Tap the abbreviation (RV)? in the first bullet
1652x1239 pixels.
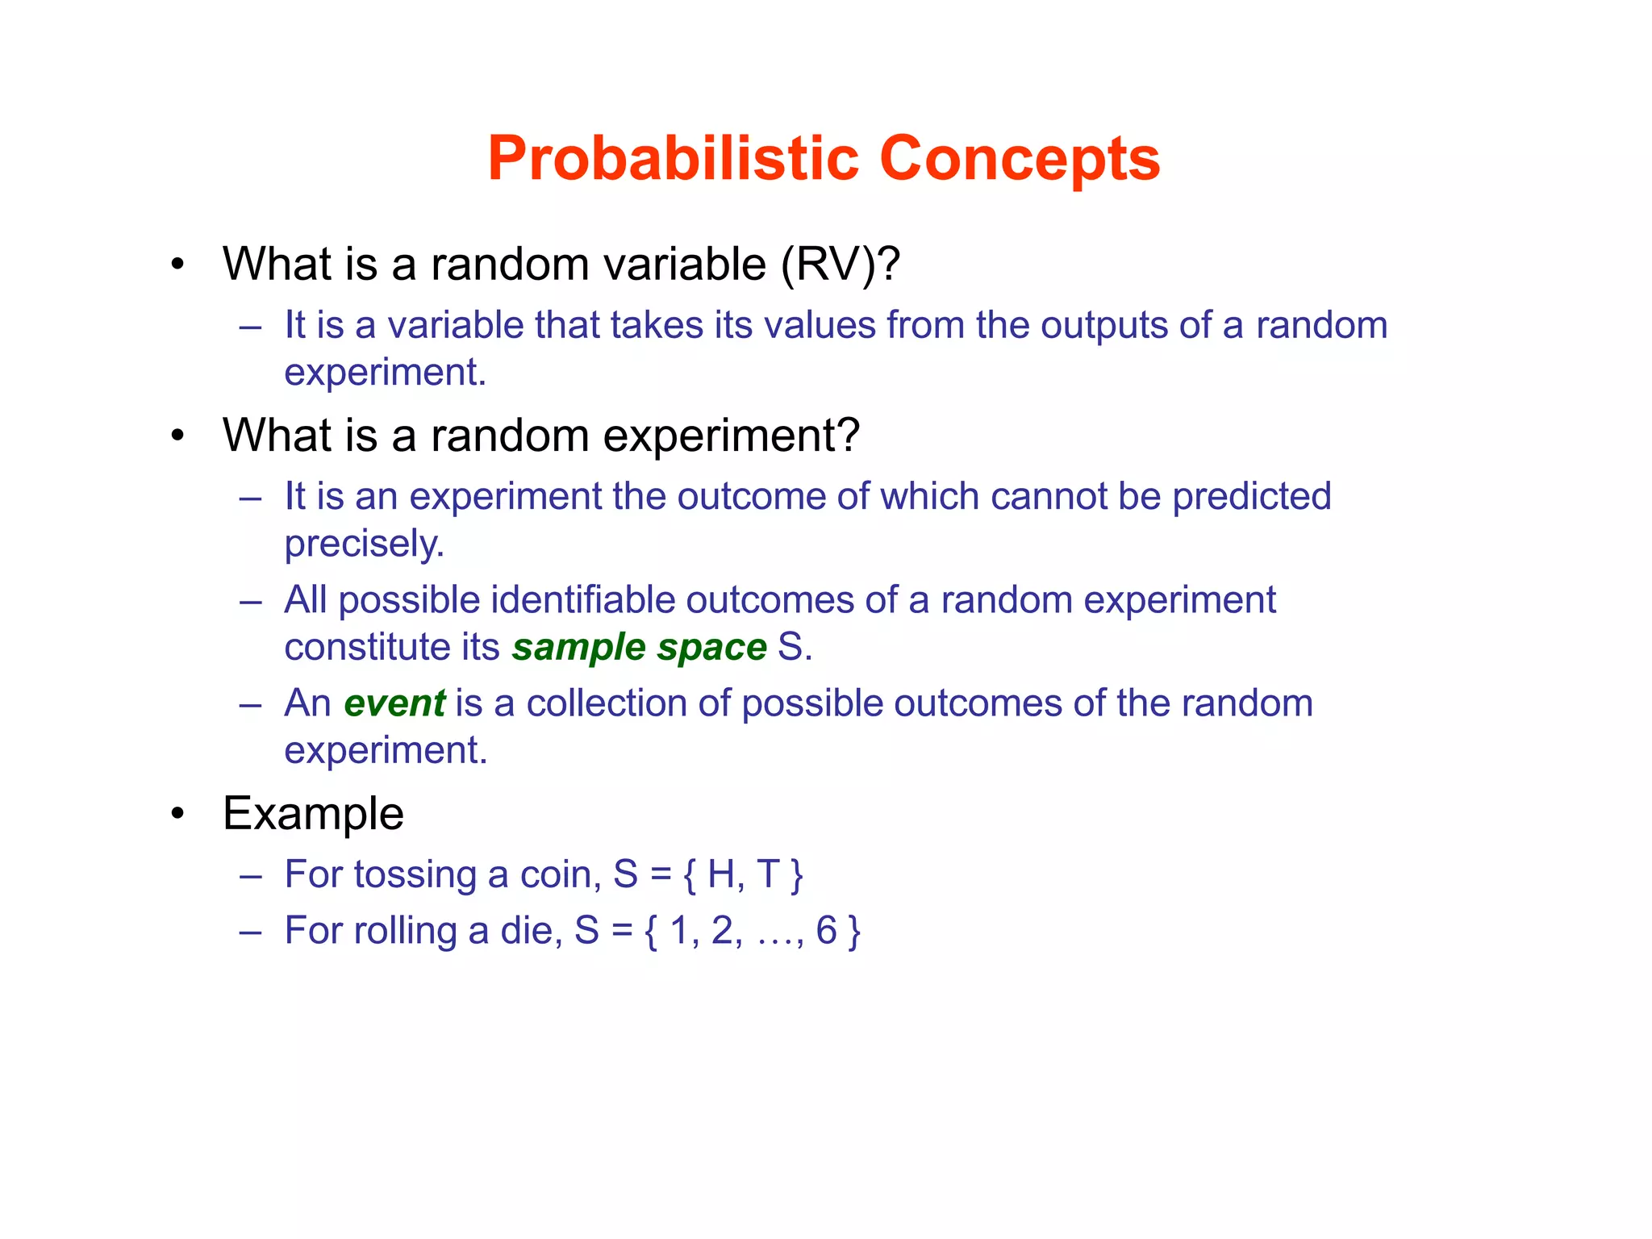point(840,264)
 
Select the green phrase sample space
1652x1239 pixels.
point(639,647)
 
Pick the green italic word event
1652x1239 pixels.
point(394,703)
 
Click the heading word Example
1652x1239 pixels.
point(313,813)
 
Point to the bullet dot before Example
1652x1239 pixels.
point(178,814)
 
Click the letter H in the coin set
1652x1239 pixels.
point(722,874)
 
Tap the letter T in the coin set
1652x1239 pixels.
point(767,874)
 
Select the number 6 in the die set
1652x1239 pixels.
point(826,930)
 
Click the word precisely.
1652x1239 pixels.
point(364,544)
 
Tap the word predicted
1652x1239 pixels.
point(1251,497)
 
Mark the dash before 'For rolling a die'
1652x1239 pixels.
point(251,932)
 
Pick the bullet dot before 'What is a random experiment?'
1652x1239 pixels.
point(178,436)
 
